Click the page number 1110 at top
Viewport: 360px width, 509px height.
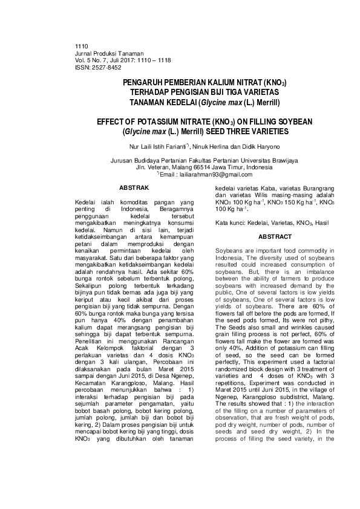80,47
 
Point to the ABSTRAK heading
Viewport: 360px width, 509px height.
134,189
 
